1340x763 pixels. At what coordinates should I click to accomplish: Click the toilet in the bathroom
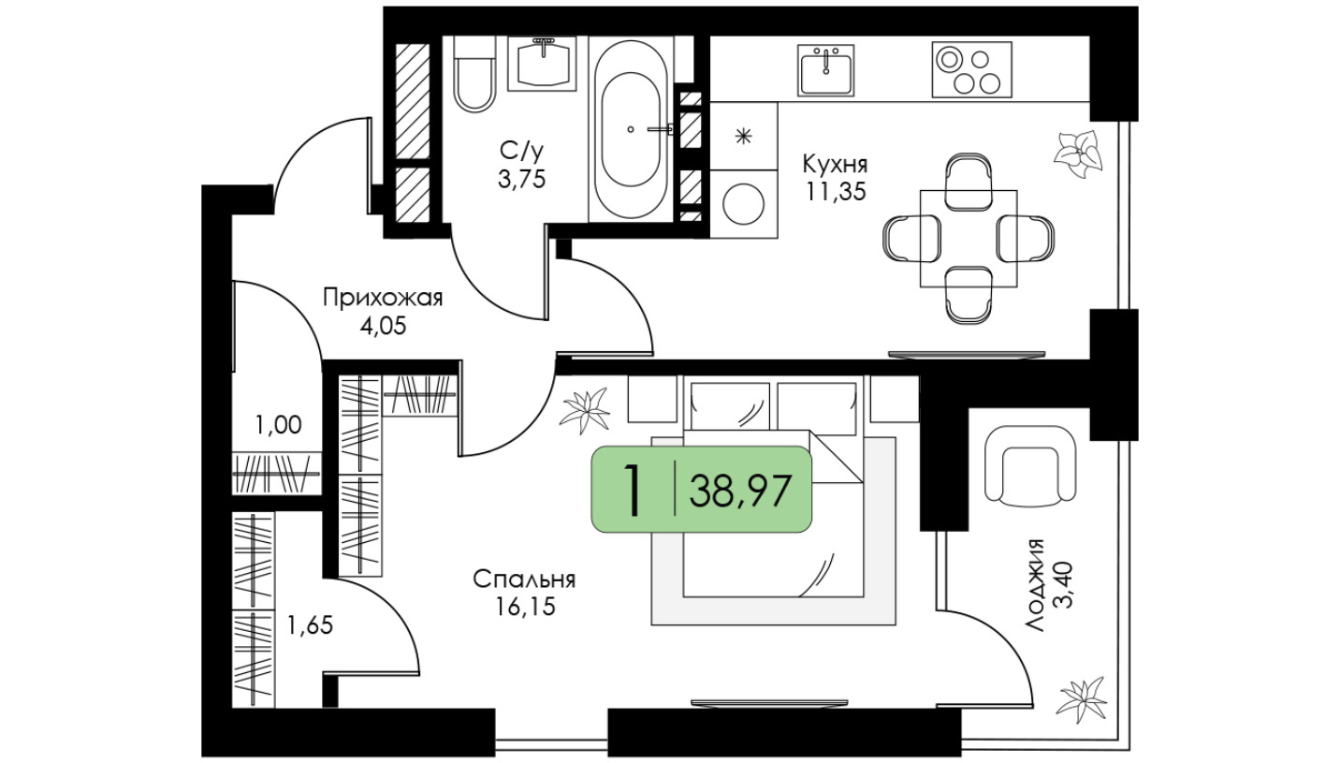(x=474, y=74)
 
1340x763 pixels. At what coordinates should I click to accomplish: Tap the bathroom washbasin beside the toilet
(x=542, y=64)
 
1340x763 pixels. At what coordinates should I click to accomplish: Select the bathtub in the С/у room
(x=631, y=129)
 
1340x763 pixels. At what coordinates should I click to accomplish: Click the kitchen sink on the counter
(x=826, y=70)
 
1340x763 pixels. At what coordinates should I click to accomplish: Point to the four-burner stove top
(x=971, y=69)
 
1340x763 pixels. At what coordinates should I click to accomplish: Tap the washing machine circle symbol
(x=744, y=204)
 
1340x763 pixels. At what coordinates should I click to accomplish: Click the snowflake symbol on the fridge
(x=743, y=137)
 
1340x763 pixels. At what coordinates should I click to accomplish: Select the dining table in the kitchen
(x=969, y=238)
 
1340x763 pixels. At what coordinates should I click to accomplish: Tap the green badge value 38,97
(x=740, y=491)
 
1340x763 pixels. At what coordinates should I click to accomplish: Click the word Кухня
(x=835, y=164)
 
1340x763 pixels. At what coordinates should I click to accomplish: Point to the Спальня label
(x=524, y=580)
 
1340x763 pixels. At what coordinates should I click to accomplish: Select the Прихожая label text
(x=383, y=298)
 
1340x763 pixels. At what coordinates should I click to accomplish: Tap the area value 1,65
(x=310, y=626)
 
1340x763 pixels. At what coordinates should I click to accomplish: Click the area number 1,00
(x=278, y=425)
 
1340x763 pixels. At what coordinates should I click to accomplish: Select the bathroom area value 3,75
(x=521, y=179)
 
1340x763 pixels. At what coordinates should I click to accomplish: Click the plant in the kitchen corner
(x=1077, y=154)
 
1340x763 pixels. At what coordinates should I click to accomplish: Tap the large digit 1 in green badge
(x=633, y=491)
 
